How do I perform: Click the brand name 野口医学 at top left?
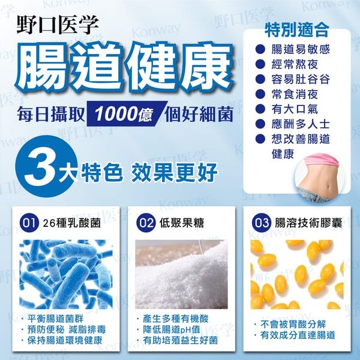click(58, 25)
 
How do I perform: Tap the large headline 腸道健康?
click(124, 67)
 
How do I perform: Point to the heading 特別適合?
click(296, 30)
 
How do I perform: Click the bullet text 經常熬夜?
click(295, 64)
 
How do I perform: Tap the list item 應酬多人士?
click(301, 124)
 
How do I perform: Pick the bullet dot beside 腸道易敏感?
click(260, 49)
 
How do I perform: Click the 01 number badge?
click(29, 223)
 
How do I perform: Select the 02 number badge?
click(146, 223)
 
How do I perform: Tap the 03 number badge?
click(261, 223)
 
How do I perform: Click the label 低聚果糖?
click(182, 223)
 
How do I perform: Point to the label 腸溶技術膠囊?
click(308, 223)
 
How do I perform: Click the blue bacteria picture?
click(66, 274)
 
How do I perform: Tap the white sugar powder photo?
click(182, 274)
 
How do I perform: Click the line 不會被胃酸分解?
click(293, 325)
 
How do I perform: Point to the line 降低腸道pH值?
click(171, 329)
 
